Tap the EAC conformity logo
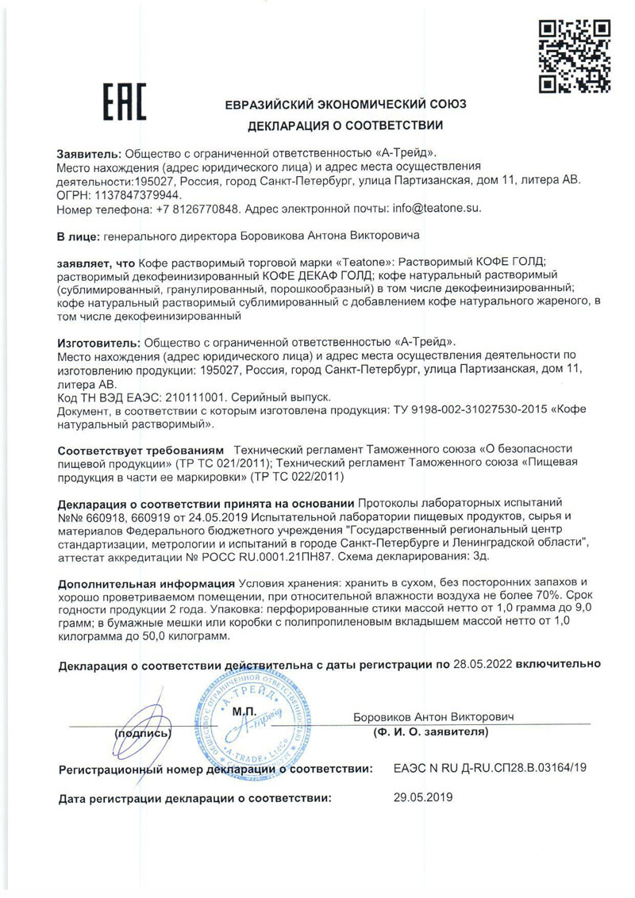125,102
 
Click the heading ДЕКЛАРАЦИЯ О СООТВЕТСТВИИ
345,125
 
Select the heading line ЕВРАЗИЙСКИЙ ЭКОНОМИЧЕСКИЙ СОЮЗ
345,105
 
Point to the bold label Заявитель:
89,153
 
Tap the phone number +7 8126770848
198,209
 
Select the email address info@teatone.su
433,209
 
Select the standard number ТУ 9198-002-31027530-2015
460,410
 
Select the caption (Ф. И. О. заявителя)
429,732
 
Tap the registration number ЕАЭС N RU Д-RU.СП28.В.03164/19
491,769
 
